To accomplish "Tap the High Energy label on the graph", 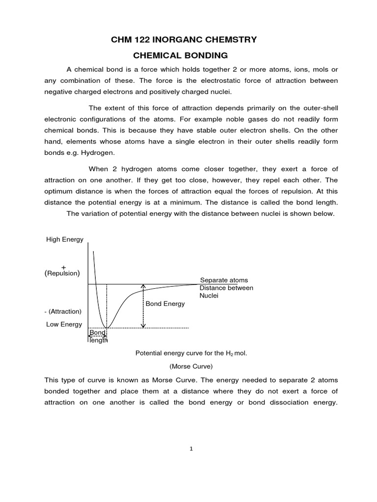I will [65, 239].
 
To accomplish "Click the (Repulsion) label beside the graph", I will [62, 273].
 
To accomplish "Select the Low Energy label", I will [64, 325].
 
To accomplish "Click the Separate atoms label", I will [224, 280].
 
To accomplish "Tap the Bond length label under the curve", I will [98, 336].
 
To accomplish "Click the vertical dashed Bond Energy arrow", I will [143, 306].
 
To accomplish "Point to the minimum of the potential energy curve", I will [107, 327].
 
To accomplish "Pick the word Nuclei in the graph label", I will [209, 296].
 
